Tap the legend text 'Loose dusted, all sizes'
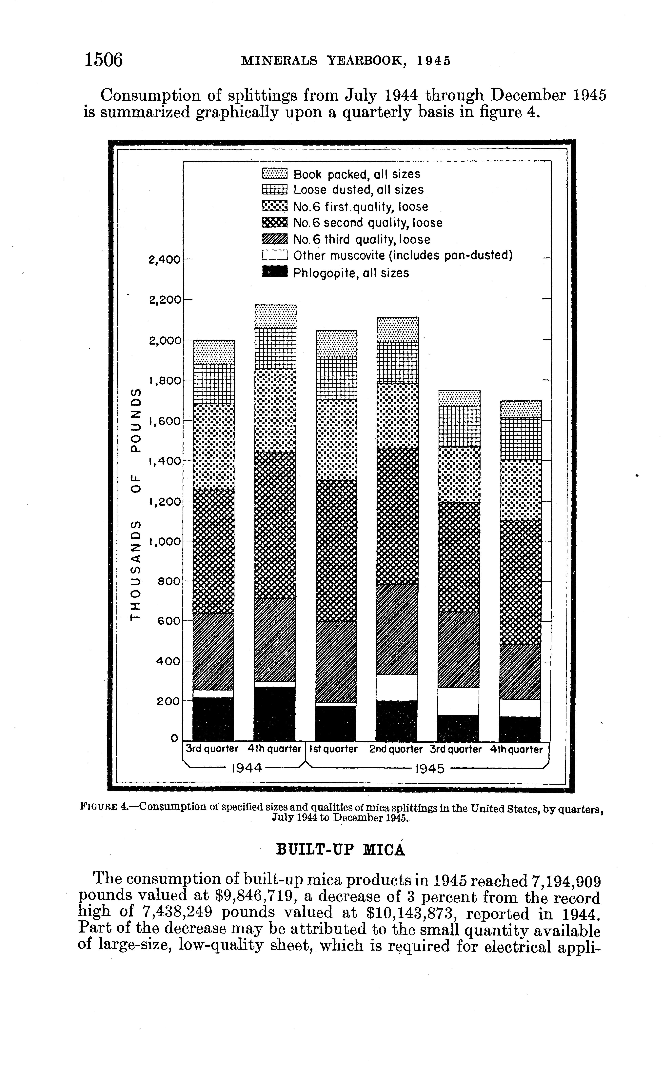pyautogui.click(x=358, y=190)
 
